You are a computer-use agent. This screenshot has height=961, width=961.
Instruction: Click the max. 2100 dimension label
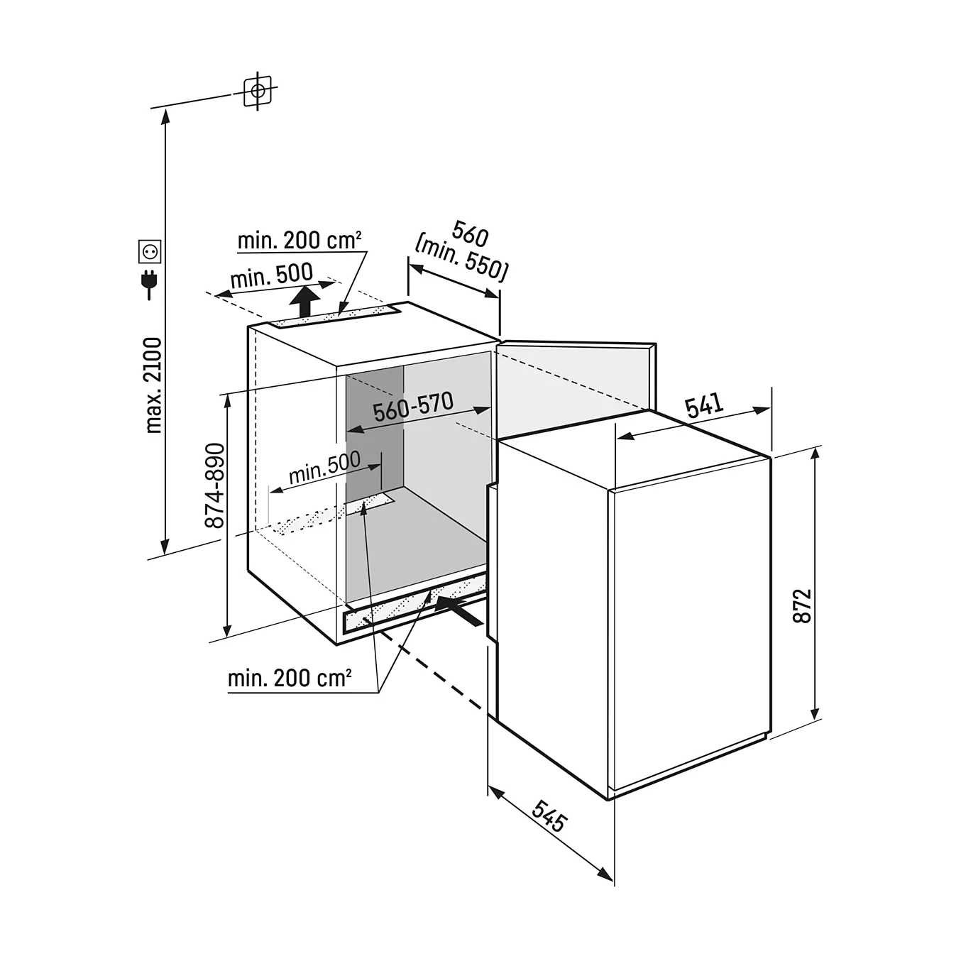tap(153, 385)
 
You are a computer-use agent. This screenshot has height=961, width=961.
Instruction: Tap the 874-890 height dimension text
tap(215, 485)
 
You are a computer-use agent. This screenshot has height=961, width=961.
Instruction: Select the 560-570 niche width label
tap(413, 407)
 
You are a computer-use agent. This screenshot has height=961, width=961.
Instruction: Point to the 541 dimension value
tap(704, 405)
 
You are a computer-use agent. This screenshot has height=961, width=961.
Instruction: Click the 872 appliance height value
tap(802, 606)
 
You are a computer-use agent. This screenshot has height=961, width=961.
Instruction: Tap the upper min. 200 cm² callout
tap(300, 241)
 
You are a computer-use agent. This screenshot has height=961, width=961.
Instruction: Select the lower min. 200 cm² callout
tap(290, 679)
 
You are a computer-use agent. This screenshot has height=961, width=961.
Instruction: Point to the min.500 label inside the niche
tap(324, 466)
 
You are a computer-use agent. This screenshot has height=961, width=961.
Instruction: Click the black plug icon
tap(149, 285)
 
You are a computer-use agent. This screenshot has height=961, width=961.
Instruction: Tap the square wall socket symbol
tap(150, 251)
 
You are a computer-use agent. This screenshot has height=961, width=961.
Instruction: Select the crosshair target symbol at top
tap(258, 91)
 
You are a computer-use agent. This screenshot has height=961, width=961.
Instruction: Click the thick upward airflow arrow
tap(304, 301)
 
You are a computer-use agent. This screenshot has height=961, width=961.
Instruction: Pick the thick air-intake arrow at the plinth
tap(458, 611)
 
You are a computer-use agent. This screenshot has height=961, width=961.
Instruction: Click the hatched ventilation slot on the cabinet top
tap(334, 317)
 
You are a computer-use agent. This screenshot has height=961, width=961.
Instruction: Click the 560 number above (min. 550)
tap(470, 234)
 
